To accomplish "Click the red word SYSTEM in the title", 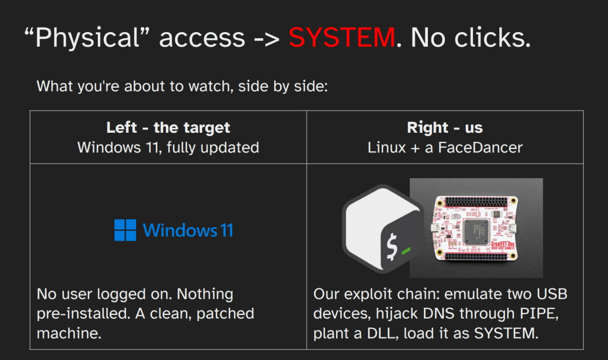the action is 342,38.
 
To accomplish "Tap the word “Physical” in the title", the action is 87,38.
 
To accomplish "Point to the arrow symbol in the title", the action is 266,39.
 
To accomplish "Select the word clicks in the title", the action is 489,38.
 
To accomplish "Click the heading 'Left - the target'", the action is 168,128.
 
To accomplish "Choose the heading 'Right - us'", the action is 445,128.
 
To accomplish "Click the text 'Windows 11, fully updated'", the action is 168,147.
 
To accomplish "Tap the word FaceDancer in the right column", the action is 480,147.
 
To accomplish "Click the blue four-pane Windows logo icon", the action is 125,230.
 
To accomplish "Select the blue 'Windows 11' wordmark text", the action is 188,230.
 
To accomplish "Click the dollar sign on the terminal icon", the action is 392,247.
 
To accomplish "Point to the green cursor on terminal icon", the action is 406,251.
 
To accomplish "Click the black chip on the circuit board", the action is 476,231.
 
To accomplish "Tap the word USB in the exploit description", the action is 552,294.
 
